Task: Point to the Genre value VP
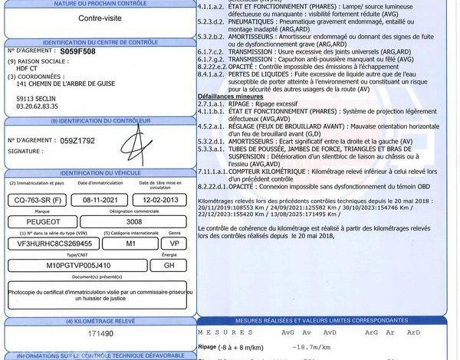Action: coord(174,243)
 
